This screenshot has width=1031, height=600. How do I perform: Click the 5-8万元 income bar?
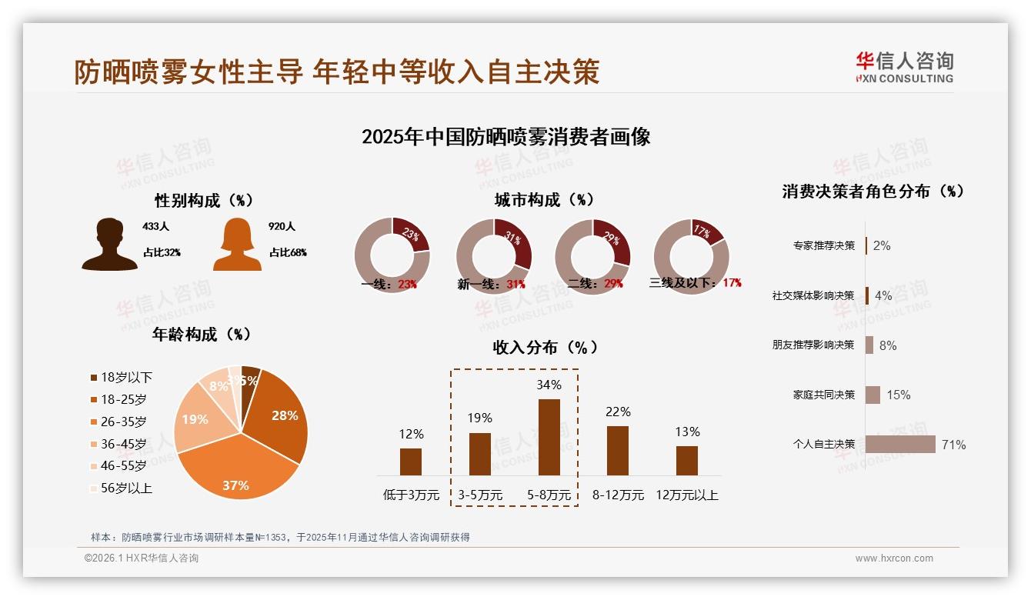click(549, 437)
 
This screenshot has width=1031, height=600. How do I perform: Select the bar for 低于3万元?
click(411, 462)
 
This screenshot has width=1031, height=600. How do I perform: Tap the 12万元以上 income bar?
click(686, 460)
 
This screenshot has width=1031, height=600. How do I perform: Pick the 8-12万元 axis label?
click(618, 495)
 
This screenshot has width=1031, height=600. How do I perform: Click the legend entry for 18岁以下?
click(122, 378)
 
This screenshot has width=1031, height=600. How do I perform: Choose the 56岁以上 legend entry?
click(122, 488)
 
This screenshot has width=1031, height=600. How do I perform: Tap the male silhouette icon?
click(109, 245)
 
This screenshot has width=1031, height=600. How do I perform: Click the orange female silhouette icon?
click(237, 245)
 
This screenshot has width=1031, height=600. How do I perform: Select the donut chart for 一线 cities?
click(392, 255)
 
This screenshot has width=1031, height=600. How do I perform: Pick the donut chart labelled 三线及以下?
click(691, 255)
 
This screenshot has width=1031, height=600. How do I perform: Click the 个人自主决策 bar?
click(900, 444)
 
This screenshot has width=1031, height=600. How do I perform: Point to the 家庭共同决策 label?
click(823, 395)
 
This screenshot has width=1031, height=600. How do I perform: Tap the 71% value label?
click(953, 445)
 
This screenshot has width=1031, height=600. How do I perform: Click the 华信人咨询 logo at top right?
click(904, 67)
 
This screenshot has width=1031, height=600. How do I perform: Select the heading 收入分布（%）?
click(546, 347)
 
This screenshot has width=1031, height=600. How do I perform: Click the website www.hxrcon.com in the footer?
click(894, 558)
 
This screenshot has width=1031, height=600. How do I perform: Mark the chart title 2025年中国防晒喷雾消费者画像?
click(505, 137)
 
